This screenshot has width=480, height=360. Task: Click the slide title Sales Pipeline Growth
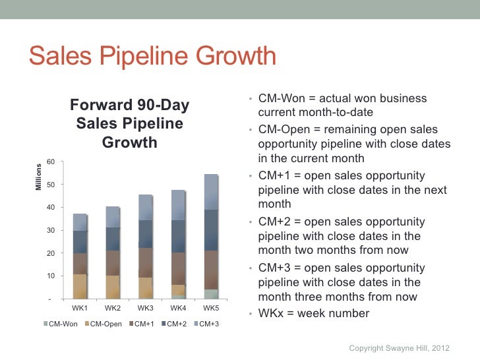[x=151, y=57]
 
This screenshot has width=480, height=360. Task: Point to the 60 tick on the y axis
[x=50, y=162]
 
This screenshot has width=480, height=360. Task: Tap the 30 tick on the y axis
[x=50, y=230]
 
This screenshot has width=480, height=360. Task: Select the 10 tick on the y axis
[x=50, y=276]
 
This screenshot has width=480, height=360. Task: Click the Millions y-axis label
[x=38, y=177]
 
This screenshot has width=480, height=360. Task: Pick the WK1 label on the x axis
[x=80, y=309]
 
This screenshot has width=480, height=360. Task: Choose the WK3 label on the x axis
[x=145, y=309]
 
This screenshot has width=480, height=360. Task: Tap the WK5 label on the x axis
[x=211, y=309]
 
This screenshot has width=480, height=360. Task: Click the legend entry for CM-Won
[x=63, y=324]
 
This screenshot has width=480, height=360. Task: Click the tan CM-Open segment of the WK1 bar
[x=80, y=287]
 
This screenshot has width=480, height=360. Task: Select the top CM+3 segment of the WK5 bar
[x=211, y=192]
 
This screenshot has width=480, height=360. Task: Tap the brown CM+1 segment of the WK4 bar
[x=178, y=269]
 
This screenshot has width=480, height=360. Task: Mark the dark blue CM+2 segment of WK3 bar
[x=145, y=234]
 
